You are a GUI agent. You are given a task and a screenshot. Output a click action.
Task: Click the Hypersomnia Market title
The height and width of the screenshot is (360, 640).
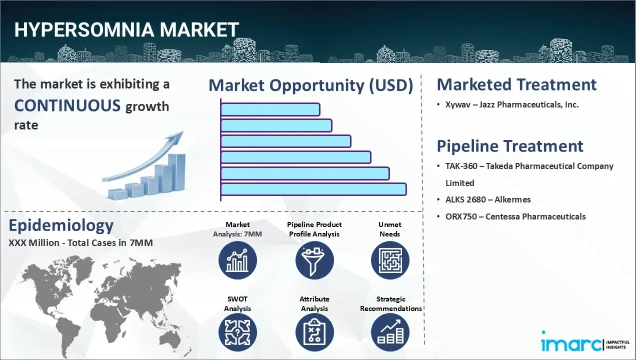pyautogui.click(x=126, y=30)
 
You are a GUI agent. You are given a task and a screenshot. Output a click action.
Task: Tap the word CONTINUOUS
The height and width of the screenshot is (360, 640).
pyautogui.click(x=67, y=105)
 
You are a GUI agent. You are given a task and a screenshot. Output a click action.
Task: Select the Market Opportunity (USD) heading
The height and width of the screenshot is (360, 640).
pyautogui.click(x=310, y=85)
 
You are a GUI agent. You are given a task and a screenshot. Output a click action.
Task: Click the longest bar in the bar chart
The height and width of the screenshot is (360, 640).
pyautogui.click(x=313, y=189)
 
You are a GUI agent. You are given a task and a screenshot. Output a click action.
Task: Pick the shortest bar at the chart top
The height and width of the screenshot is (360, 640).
pyautogui.click(x=270, y=109)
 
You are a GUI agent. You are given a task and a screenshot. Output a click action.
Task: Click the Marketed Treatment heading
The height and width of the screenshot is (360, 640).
pyautogui.click(x=516, y=84)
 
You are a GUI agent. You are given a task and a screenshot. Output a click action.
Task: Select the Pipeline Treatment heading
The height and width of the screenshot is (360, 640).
pyautogui.click(x=509, y=146)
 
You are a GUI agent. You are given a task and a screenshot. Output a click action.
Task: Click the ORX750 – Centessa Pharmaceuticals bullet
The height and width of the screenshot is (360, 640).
pyautogui.click(x=515, y=216)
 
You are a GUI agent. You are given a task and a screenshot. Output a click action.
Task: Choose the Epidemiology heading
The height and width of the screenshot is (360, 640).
pyautogui.click(x=61, y=225)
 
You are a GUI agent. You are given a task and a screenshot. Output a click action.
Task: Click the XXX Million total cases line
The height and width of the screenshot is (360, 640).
pyautogui.click(x=80, y=243)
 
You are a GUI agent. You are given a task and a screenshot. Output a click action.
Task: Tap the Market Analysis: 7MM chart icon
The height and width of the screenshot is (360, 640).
pyautogui.click(x=237, y=260)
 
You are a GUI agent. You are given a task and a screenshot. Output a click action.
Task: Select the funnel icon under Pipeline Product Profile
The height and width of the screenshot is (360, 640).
pyautogui.click(x=314, y=260)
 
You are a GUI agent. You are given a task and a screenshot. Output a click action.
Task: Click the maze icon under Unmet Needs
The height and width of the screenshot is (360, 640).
pyautogui.click(x=390, y=260)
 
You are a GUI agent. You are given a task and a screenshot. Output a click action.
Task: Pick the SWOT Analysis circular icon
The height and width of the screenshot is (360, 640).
pyautogui.click(x=237, y=332)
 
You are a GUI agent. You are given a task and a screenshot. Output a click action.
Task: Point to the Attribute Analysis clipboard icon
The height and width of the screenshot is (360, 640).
pyautogui.click(x=314, y=332)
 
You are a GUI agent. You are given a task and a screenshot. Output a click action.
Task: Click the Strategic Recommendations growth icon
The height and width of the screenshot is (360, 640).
pyautogui.click(x=390, y=332)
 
